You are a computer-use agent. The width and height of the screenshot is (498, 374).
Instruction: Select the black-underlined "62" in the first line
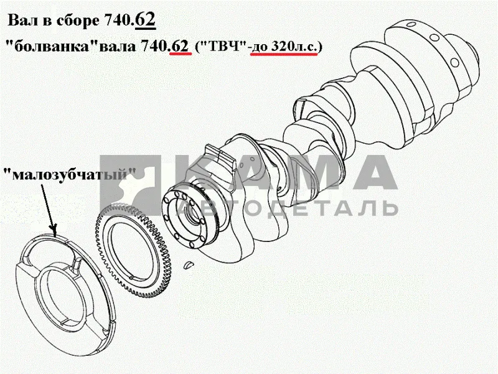[145, 20]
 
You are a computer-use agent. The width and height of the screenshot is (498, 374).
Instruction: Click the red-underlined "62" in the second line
[181, 46]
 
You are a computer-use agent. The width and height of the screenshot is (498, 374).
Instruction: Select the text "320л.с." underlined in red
[294, 46]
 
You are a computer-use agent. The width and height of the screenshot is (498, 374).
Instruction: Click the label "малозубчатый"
[70, 175]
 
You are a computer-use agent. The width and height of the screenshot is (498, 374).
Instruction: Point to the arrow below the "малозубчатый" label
[49, 210]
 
